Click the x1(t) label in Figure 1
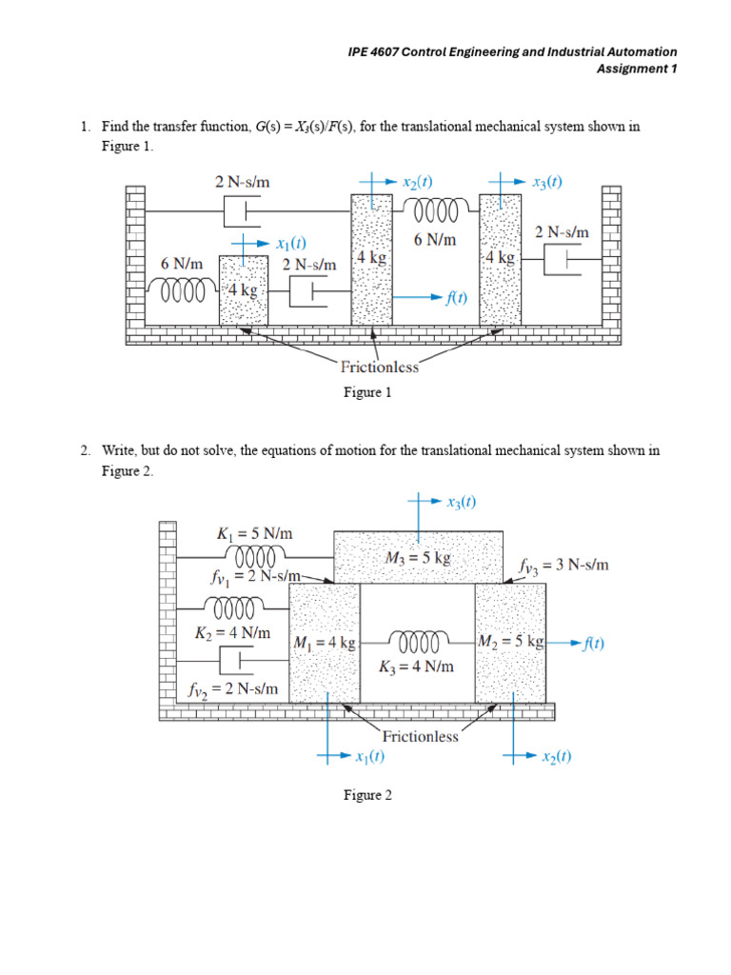291,243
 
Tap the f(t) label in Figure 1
456,298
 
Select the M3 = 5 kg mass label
418,558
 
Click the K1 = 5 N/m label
254,533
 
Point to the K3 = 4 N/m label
416,667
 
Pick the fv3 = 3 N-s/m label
563,566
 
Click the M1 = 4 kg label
325,643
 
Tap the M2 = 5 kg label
511,641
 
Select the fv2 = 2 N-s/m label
233,689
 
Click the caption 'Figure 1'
367,392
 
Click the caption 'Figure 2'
367,795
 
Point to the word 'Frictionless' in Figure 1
379,367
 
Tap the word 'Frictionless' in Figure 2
420,737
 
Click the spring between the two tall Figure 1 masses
436,209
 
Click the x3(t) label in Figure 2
462,502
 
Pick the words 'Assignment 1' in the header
637,69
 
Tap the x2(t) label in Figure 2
556,757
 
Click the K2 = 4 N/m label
232,633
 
